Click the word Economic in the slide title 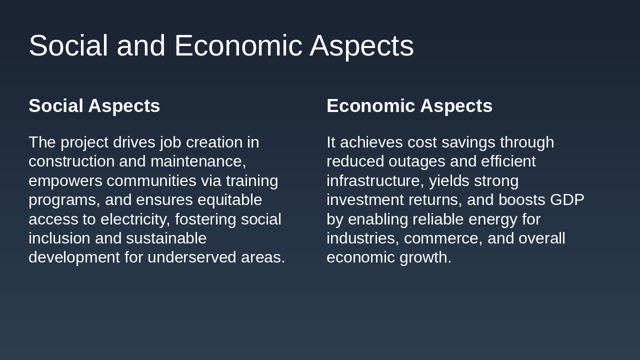pos(238,46)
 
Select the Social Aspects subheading pos(94,106)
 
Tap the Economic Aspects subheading pos(409,106)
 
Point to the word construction pos(71,161)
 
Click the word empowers pos(65,180)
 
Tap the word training pos(251,180)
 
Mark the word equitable pos(229,200)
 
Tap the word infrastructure pos(375,180)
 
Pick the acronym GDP pos(567,200)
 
